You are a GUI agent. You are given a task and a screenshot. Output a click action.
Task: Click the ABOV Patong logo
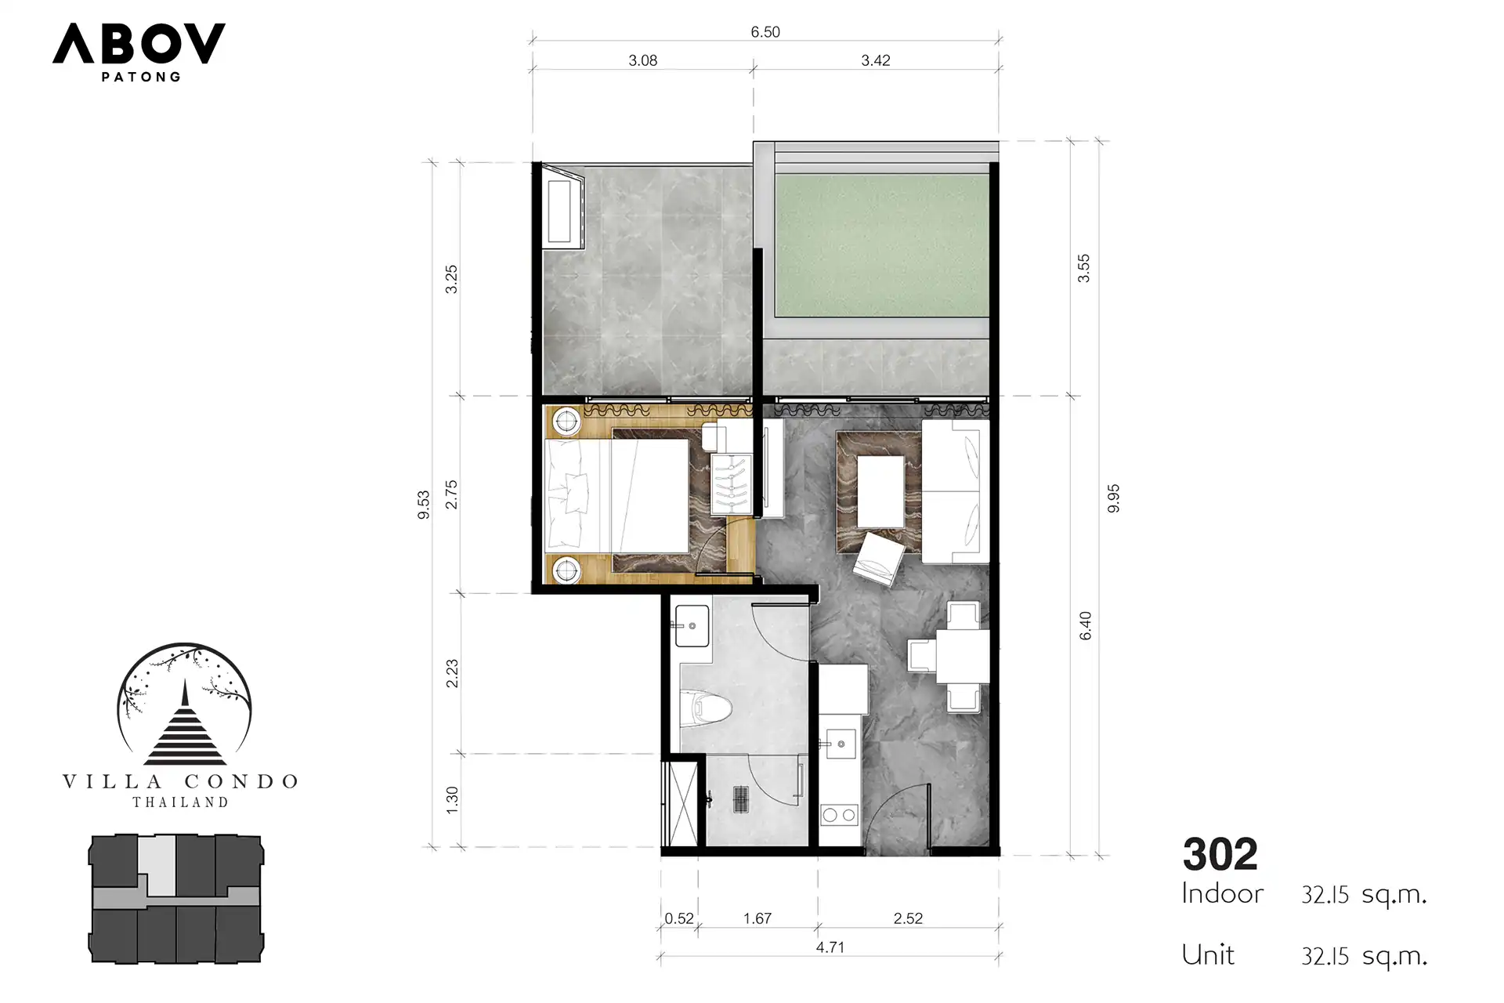pyautogui.click(x=139, y=52)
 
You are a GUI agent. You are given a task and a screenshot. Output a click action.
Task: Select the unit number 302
pyautogui.click(x=1220, y=854)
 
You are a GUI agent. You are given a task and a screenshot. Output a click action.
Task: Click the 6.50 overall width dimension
pyautogui.click(x=765, y=32)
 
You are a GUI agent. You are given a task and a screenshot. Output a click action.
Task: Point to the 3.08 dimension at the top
pyautogui.click(x=642, y=60)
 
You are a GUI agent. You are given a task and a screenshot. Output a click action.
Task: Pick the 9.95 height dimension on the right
pyautogui.click(x=1113, y=498)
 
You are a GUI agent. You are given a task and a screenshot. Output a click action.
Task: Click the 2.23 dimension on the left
pyautogui.click(x=452, y=674)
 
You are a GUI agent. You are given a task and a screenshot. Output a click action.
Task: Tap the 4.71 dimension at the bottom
pyautogui.click(x=830, y=947)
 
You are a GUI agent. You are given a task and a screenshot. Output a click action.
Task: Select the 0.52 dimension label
pyautogui.click(x=679, y=918)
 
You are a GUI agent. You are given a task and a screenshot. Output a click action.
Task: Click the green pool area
pyautogui.click(x=881, y=245)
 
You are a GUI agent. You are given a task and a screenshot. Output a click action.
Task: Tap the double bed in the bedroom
pyautogui.click(x=616, y=494)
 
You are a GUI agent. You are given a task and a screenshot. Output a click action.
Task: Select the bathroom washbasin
pyautogui.click(x=692, y=625)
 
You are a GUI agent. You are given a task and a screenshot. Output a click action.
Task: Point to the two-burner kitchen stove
pyautogui.click(x=839, y=815)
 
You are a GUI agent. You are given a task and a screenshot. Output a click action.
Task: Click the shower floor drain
pyautogui.click(x=741, y=798)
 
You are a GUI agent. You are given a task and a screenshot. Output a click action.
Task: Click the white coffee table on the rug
pyautogui.click(x=880, y=492)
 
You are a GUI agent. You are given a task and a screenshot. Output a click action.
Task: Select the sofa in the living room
pyautogui.click(x=955, y=491)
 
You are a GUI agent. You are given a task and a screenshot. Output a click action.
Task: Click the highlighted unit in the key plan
pyautogui.click(x=160, y=865)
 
